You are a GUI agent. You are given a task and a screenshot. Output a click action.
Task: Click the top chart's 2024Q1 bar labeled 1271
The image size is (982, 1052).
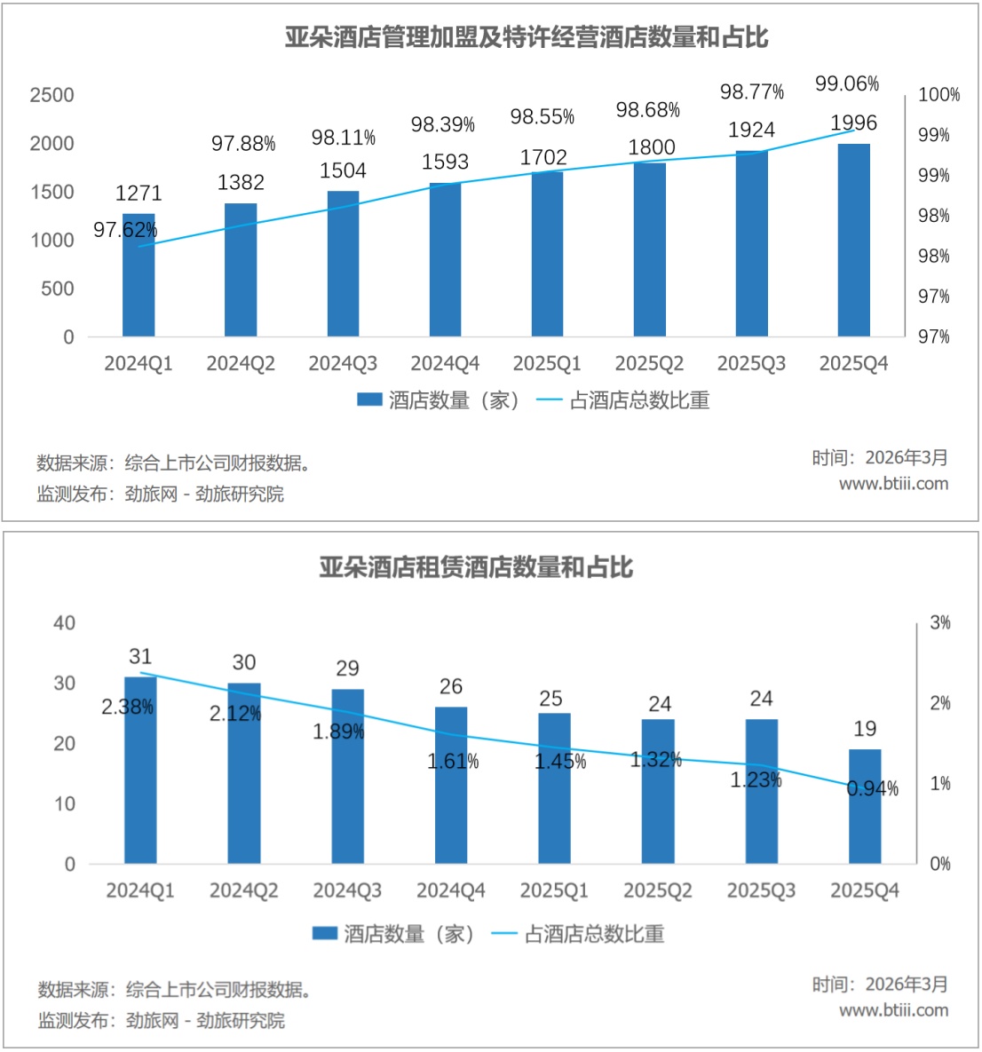coord(139,284)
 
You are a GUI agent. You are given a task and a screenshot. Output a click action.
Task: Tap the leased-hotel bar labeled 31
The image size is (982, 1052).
coord(140,781)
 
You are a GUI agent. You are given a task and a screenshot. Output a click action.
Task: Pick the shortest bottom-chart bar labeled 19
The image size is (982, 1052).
coord(865,817)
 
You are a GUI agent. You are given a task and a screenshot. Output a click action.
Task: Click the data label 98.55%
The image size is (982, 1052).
coord(542,117)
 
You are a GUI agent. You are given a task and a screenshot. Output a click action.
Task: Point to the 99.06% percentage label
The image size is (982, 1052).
coord(847,84)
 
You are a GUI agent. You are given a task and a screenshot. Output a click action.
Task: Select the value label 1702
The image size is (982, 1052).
coord(543,157)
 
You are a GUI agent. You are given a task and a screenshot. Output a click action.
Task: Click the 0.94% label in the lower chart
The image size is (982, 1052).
coord(873,788)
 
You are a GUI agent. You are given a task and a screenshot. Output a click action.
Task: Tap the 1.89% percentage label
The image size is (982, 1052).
coord(338,732)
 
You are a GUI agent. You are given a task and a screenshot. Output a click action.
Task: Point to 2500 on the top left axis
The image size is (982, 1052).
coord(51,95)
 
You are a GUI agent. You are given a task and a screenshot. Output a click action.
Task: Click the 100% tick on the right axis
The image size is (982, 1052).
coord(938,95)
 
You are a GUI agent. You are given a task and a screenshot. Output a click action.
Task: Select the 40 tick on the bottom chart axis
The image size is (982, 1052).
coord(64,623)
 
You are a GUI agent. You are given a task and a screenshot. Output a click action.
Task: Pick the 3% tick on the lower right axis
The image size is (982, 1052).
coord(940,623)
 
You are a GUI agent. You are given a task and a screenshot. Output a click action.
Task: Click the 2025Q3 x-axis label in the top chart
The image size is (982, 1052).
coord(751,364)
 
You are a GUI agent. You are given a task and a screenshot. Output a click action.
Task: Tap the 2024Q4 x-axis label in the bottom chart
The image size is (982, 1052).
coord(451,890)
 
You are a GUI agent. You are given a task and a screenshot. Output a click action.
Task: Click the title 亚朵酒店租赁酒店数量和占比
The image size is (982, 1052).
coord(476,566)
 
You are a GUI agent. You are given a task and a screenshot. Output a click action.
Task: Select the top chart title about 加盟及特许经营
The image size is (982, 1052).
coord(527,37)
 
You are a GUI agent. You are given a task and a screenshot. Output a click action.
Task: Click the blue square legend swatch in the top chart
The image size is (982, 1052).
coord(369,400)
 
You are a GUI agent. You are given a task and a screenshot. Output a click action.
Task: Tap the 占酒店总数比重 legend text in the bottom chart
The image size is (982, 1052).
coord(594,934)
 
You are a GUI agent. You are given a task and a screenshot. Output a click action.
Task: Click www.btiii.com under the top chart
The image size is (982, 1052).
coord(893,484)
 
